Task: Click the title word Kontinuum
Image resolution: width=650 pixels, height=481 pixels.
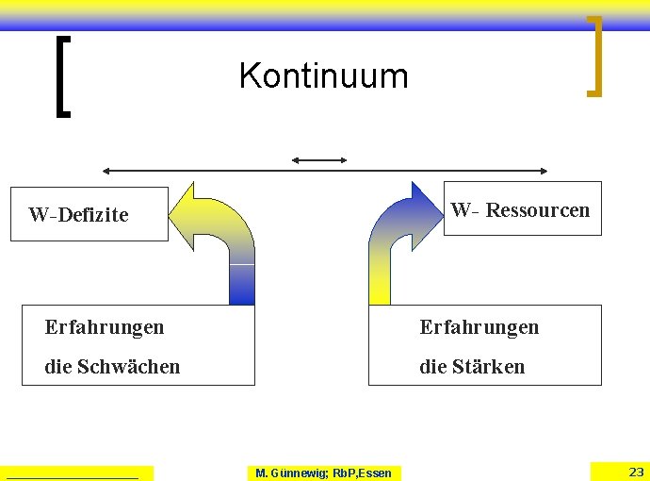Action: [323, 75]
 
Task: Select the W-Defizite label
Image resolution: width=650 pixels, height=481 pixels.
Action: [78, 215]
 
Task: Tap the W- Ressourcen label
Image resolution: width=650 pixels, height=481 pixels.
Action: [520, 209]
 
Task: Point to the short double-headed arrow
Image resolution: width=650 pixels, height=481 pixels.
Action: [319, 160]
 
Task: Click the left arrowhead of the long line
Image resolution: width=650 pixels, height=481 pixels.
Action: [107, 171]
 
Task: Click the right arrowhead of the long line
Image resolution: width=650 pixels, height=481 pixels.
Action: [543, 171]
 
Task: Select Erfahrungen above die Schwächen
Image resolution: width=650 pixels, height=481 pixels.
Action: [104, 327]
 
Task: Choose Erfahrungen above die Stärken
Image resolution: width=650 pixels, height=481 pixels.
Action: [479, 327]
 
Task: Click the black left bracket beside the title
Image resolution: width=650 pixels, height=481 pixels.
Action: [61, 75]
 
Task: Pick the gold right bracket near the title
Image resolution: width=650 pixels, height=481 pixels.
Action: [594, 57]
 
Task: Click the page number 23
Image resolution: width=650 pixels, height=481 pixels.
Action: [636, 472]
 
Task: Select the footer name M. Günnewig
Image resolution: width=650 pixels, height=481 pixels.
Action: [291, 473]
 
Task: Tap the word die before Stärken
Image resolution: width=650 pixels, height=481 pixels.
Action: [433, 366]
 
